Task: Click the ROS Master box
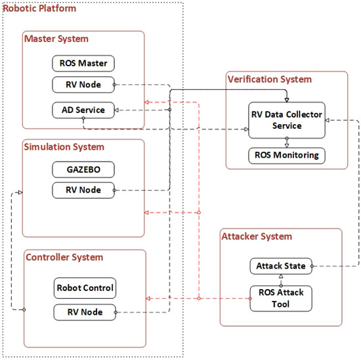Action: [83, 64]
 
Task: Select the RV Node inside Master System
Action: [83, 84]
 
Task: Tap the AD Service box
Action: [83, 109]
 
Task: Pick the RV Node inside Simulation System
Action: [83, 191]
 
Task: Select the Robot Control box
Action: [85, 288]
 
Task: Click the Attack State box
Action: [281, 266]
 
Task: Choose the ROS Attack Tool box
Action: [281, 298]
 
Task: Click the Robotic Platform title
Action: [39, 9]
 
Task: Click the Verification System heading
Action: [269, 79]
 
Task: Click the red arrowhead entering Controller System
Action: [148, 298]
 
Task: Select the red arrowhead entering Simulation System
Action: [148, 213]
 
